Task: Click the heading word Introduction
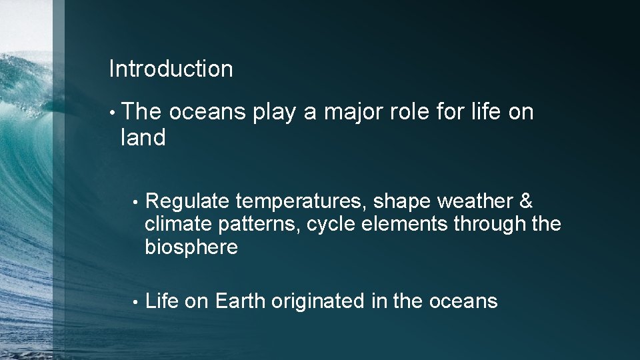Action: click(x=171, y=69)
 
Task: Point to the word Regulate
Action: click(x=187, y=201)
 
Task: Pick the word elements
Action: click(x=405, y=224)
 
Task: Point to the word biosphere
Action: click(x=191, y=247)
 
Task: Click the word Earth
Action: click(x=240, y=301)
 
